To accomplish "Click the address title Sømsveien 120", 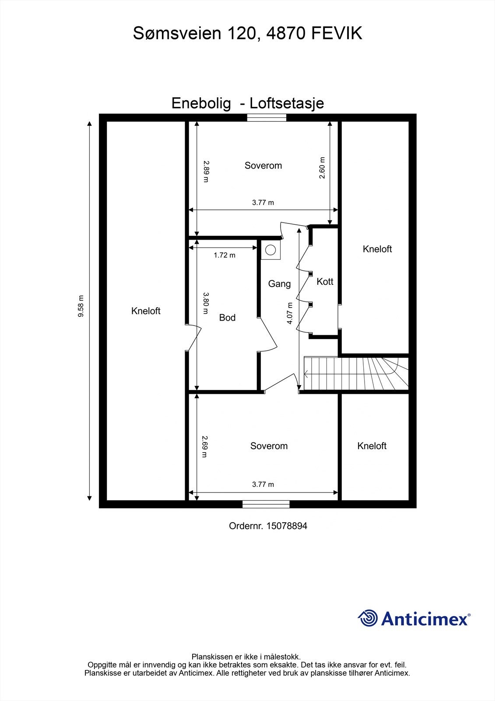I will coord(247,33).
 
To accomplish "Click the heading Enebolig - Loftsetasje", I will coord(247,103).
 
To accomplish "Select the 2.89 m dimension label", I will coord(206,171).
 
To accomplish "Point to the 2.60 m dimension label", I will coord(322,168).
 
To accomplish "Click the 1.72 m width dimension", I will coord(225,255).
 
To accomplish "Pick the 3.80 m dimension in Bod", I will coord(206,303).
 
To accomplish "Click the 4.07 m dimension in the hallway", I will coord(290,313).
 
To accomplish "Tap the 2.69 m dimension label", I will coord(204,446).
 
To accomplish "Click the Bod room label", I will coord(227,318).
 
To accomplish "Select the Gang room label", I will coord(279,284).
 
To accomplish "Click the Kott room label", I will coord(325,282).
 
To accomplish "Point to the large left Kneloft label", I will coord(146,311).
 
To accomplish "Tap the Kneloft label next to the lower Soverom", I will coord(372,446).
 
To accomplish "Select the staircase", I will coord(355,373).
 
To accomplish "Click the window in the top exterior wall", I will coord(267,117).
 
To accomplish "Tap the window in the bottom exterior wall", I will coord(266,504).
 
